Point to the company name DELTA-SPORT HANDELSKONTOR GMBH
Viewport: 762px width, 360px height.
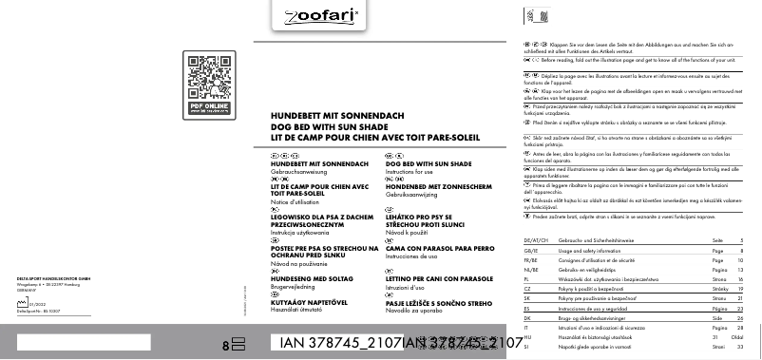click(x=53, y=278)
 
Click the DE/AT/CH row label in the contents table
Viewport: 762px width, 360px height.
click(x=538, y=240)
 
